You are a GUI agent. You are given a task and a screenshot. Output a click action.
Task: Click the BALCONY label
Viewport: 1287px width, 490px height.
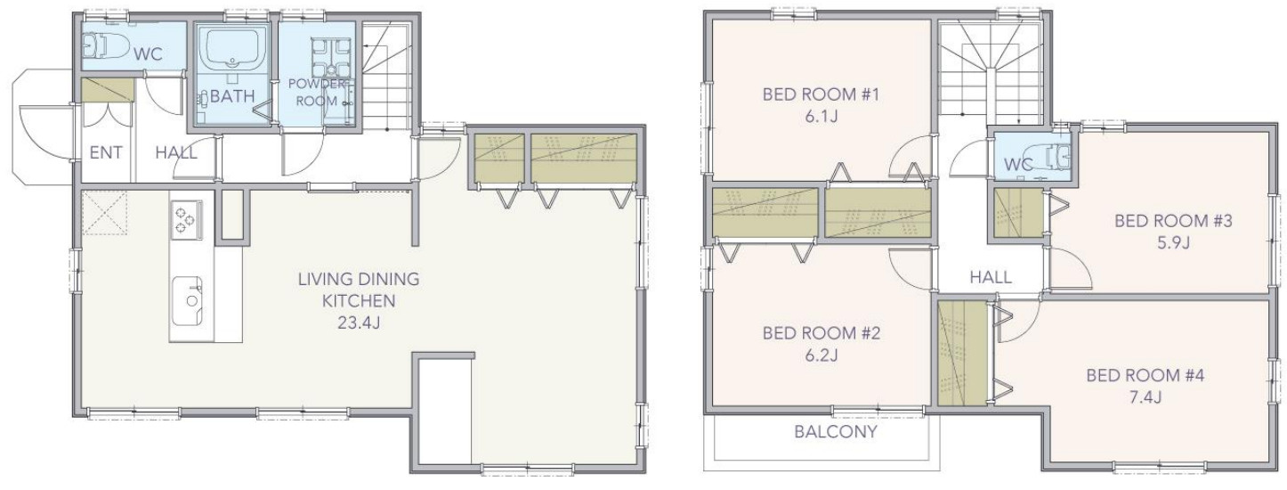tap(836, 431)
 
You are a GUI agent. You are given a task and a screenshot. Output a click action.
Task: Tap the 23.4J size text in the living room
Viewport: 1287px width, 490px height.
tap(359, 323)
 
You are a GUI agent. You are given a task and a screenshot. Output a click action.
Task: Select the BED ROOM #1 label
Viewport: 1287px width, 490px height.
tap(821, 94)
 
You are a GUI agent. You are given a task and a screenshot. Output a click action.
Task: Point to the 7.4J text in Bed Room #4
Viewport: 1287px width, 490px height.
tap(1145, 396)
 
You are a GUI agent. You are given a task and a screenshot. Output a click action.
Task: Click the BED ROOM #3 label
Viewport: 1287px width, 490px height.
tap(1173, 221)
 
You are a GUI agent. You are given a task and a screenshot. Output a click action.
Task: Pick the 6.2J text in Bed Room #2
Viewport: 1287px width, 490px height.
tap(821, 355)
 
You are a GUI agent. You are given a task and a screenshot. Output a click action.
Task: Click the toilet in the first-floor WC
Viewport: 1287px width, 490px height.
tap(107, 45)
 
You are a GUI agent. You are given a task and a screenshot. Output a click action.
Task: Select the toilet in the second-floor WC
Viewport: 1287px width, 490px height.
tap(1048, 157)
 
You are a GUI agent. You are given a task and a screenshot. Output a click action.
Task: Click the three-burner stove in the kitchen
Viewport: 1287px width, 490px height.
tap(186, 220)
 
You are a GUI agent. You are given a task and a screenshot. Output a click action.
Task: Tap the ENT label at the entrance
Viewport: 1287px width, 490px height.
tap(106, 152)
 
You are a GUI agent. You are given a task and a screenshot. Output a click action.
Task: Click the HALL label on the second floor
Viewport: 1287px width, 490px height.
tap(991, 277)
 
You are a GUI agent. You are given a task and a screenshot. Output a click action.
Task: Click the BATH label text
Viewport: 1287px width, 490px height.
tap(232, 96)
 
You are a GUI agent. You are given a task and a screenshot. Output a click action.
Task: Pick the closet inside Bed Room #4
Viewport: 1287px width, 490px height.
tap(962, 353)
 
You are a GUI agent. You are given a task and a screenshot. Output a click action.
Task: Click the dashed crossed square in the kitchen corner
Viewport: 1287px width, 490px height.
tap(104, 213)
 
